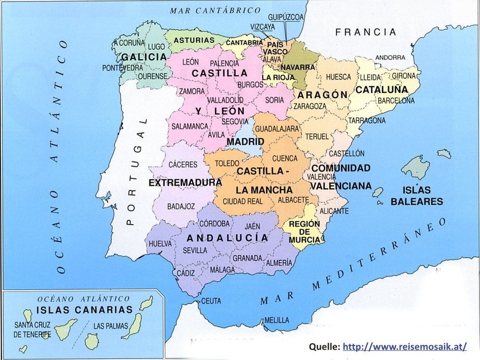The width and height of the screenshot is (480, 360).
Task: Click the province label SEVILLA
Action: coord(195,250)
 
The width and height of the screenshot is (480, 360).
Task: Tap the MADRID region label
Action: coord(245,142)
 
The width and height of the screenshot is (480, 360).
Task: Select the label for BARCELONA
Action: coord(396,101)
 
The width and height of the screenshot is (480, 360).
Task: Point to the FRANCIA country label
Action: coord(366,32)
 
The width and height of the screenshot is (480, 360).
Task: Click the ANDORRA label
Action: coord(390,57)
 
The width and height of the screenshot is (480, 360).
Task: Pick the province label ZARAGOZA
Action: coord(310,106)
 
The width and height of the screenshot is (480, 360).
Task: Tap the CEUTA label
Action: coord(211,301)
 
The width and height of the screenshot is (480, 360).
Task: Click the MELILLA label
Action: coord(277,320)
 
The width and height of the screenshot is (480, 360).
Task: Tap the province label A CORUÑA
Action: coord(129,43)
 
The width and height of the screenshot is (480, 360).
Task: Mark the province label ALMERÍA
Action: coord(279,263)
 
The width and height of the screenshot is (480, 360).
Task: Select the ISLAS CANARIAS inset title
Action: coord(84,309)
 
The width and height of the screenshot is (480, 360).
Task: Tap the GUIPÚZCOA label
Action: coord(286,17)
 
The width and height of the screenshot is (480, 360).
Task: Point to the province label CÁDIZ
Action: coord(186,273)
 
